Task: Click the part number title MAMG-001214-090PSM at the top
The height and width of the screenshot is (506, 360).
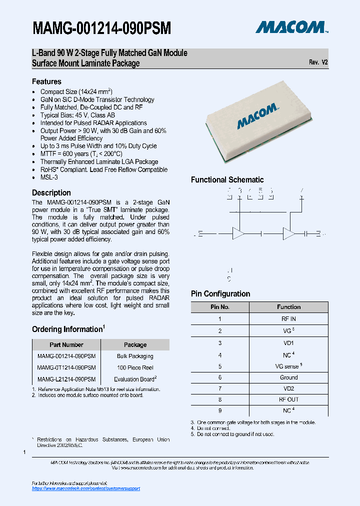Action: click(101, 28)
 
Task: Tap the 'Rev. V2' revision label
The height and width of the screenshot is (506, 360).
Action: click(318, 62)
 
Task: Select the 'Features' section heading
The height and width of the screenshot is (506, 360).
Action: click(46, 81)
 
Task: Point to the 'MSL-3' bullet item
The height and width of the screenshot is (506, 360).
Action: click(49, 177)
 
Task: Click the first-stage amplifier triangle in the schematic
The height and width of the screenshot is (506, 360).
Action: click(239, 233)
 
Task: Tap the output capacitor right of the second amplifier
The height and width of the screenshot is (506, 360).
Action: click(306, 233)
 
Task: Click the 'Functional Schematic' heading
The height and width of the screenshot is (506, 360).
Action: click(227, 180)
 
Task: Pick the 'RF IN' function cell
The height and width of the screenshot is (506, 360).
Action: click(288, 318)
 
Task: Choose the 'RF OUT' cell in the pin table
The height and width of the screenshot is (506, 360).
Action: click(288, 399)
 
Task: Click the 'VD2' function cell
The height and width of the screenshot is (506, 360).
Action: click(288, 388)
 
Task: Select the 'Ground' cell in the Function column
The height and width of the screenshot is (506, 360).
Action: click(288, 377)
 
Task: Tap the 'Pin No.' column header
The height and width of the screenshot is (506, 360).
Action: click(219, 307)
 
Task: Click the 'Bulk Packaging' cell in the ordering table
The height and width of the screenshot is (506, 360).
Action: click(135, 356)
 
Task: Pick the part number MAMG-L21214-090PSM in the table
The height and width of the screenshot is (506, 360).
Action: click(66, 379)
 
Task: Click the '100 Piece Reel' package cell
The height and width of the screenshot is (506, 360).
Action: click(135, 367)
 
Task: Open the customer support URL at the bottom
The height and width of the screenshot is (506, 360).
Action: click(86, 488)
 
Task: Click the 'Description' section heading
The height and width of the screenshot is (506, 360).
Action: click(51, 193)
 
